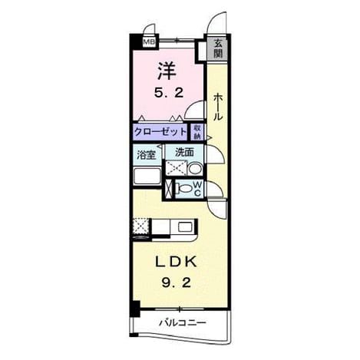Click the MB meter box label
tap(149, 41)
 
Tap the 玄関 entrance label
tap(218, 48)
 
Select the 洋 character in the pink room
tap(167, 71)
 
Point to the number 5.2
tap(169, 93)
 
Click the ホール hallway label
tap(218, 107)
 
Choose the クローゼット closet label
tap(160, 132)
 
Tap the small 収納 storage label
tap(197, 132)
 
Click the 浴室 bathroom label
tap(146, 154)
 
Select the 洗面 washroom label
tap(184, 153)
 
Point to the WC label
tap(197, 189)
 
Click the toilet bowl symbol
tap(183, 189)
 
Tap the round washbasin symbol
tap(195, 169)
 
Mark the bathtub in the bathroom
tap(147, 176)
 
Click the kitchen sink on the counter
tap(186, 226)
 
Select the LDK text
tap(177, 263)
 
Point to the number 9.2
tap(177, 282)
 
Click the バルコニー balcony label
tap(183, 322)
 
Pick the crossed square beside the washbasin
tap(177, 168)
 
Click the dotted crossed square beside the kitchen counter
tap(140, 226)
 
